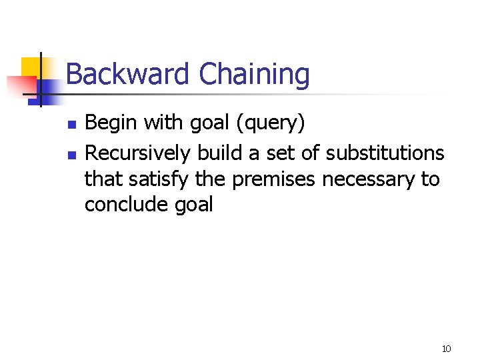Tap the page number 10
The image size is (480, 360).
click(x=446, y=349)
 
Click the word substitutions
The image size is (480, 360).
click(x=385, y=153)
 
